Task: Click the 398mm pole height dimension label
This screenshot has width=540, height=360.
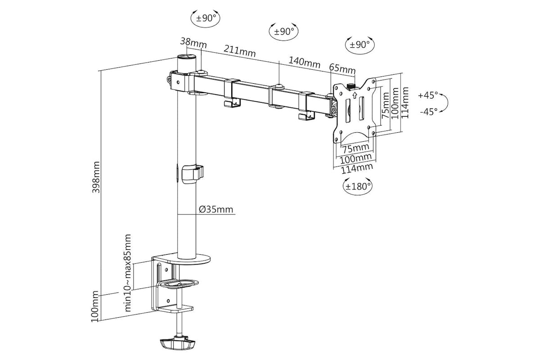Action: tap(96, 177)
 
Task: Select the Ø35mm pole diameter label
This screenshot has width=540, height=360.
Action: tap(216, 209)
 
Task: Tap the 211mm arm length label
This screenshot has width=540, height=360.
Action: tap(240, 50)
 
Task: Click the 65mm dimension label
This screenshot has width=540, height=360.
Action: tap(342, 69)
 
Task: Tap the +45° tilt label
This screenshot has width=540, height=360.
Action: tap(427, 95)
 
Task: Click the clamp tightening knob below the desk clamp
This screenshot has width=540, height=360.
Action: tap(178, 344)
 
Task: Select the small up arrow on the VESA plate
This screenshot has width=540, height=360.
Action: tap(355, 95)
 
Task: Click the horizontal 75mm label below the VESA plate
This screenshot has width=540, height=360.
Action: tap(355, 148)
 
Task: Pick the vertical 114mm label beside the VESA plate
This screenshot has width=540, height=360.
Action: tap(405, 103)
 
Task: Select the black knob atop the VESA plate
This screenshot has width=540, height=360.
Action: tap(352, 86)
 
